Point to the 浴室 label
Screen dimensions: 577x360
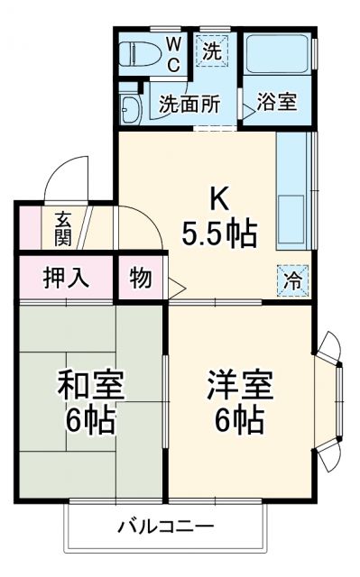(x=277, y=102)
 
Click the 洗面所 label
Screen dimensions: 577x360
(x=189, y=103)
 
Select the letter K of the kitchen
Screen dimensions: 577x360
(x=219, y=197)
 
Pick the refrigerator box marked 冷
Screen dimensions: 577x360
(x=294, y=279)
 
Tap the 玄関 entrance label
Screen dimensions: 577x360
(x=63, y=228)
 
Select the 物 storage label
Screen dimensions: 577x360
(x=141, y=278)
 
